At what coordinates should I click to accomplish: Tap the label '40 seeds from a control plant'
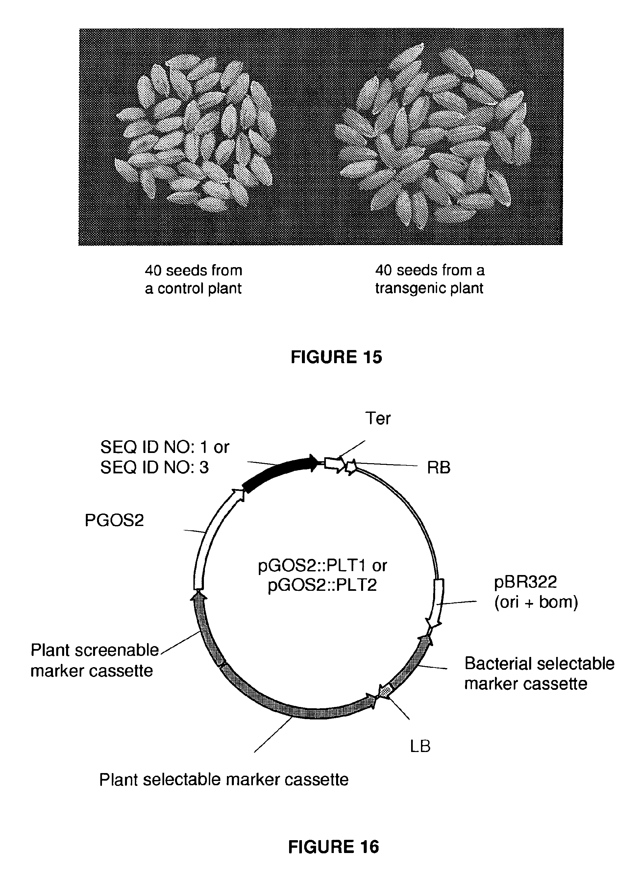point(193,279)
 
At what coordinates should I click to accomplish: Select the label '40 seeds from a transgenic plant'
point(430,279)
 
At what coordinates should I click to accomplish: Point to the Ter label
point(378,418)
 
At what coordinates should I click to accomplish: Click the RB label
point(438,468)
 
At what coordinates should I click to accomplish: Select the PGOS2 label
point(114,520)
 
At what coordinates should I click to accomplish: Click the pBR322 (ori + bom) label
point(536,591)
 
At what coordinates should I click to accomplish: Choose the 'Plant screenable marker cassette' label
point(94,660)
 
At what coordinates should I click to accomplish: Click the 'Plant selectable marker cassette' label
point(224,779)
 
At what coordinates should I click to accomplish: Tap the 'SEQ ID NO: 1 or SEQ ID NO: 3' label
point(164,457)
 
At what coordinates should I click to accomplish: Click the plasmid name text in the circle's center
point(322,575)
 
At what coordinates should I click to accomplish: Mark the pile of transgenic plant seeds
point(431,136)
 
